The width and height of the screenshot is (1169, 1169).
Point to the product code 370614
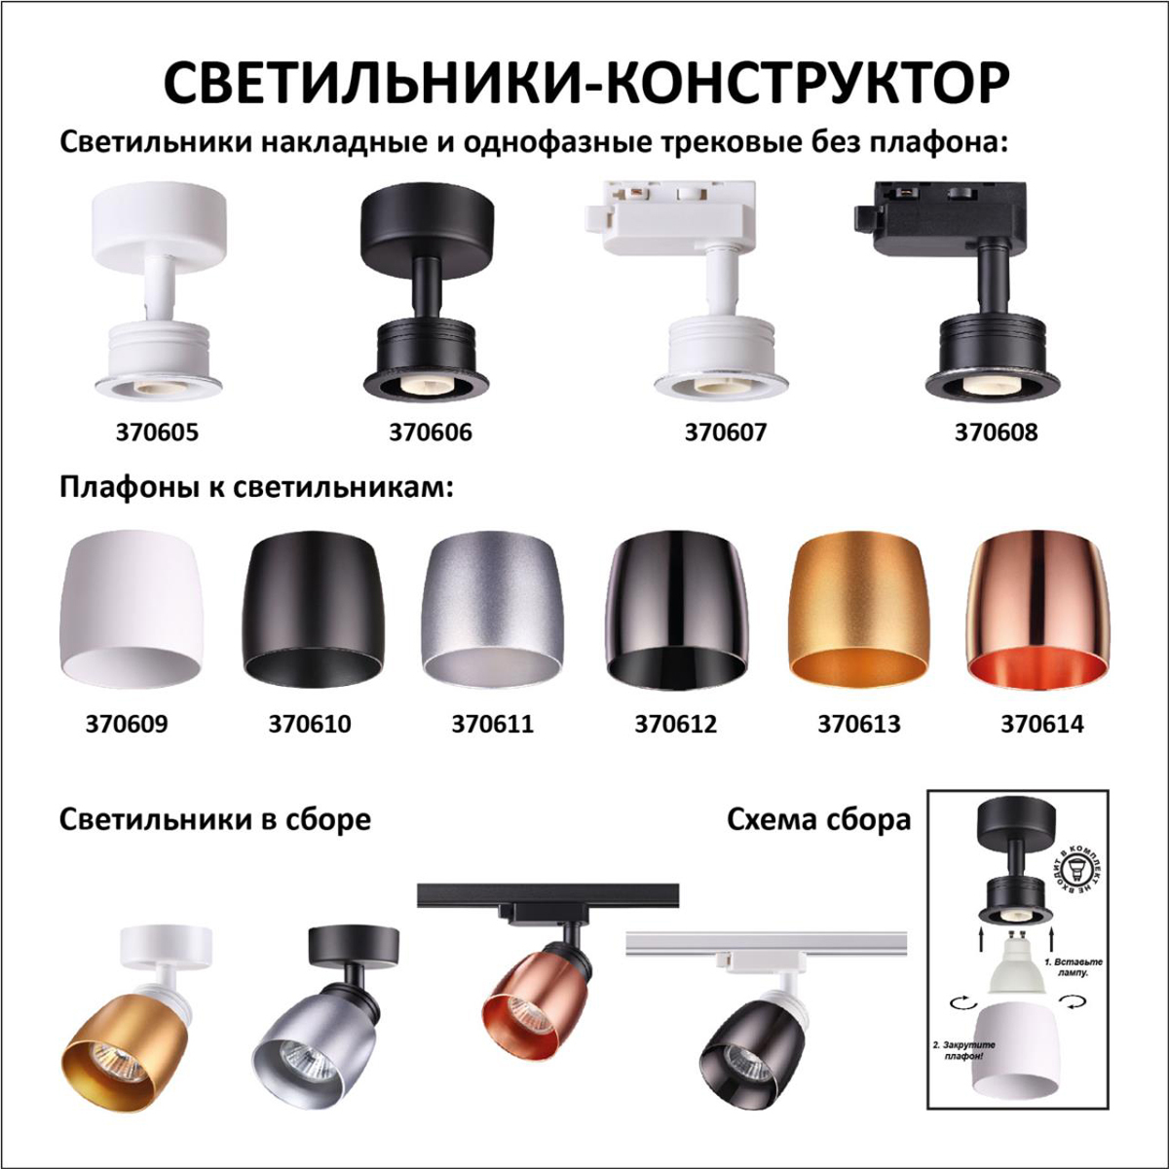pyautogui.click(x=1041, y=724)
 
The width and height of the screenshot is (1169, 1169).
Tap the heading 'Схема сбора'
pyautogui.click(x=818, y=819)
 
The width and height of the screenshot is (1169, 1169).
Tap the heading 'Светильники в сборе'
pyautogui.click(x=214, y=819)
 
